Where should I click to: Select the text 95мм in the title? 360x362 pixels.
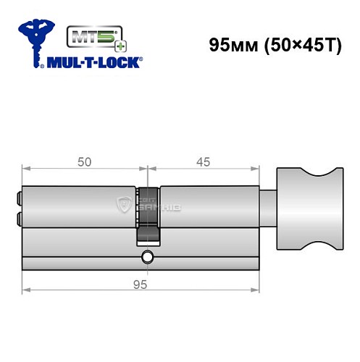coord(231,44)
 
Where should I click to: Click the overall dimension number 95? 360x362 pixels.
coord(141,284)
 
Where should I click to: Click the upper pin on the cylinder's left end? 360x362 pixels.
coord(18,195)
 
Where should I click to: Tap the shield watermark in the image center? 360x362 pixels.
coord(125,207)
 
